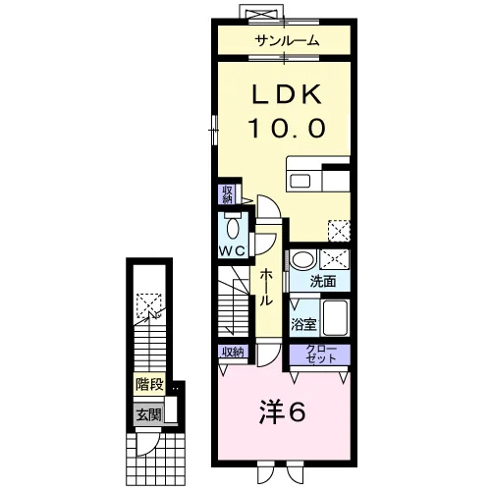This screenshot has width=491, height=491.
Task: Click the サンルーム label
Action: click(x=287, y=41)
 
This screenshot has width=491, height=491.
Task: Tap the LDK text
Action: click(x=287, y=94)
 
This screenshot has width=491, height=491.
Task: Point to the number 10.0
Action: click(x=287, y=129)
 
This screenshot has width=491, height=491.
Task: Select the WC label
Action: click(x=232, y=251)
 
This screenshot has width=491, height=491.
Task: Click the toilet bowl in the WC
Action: click(x=233, y=228)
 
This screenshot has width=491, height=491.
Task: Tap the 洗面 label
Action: click(x=323, y=281)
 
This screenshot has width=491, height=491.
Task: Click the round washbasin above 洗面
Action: click(x=302, y=259)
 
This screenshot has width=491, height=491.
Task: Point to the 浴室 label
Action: click(x=303, y=324)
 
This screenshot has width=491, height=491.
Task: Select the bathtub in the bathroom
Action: click(x=335, y=317)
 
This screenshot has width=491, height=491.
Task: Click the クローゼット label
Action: click(x=321, y=355)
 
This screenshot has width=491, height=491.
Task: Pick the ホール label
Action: click(x=266, y=288)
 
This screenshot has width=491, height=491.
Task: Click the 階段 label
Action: click(x=149, y=384)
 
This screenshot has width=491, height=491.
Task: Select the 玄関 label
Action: click(x=149, y=415)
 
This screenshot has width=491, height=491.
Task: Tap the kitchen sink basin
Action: click(x=300, y=181)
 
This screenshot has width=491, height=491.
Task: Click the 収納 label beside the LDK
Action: click(x=227, y=194)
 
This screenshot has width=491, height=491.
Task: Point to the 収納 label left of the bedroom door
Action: click(x=233, y=352)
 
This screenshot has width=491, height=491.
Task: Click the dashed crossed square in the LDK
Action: click(x=340, y=231)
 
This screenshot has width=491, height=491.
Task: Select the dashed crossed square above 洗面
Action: click(x=335, y=259)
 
